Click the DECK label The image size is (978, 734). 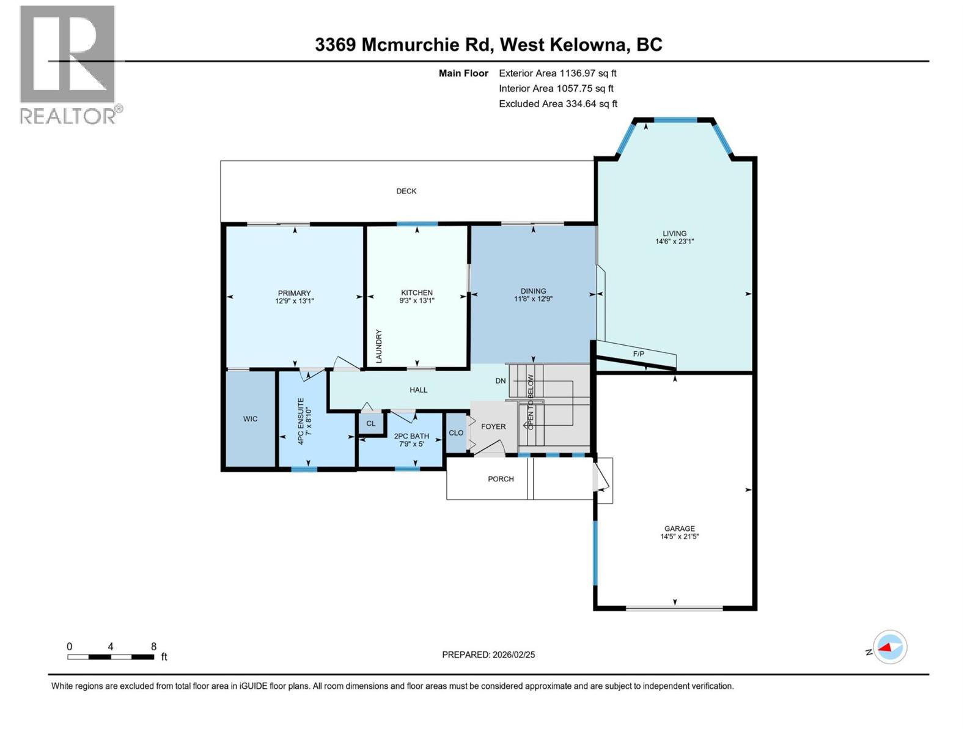coord(406,191)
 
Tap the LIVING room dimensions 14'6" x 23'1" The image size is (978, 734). coord(674,242)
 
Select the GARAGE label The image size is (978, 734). coord(679,528)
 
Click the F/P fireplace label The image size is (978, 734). coord(638,354)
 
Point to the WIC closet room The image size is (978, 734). coord(250,419)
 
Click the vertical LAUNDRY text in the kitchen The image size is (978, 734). coord(379,346)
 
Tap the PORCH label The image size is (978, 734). coord(501,479)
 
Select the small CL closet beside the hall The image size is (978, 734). coord(371,423)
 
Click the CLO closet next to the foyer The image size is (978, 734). coord(456,432)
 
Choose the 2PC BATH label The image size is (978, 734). coord(411,436)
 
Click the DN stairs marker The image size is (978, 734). coord(501,380)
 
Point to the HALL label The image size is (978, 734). coord(418,390)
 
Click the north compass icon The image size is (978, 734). coord(889,647)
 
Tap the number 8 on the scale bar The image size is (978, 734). coord(153,647)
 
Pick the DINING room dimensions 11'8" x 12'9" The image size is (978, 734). coord(533,299)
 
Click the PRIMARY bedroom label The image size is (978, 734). coord(294,293)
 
